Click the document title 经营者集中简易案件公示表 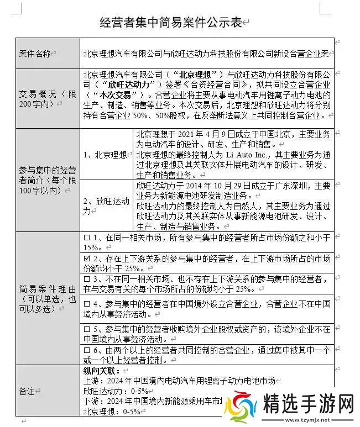tap(171, 23)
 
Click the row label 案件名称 tap(35, 54)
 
